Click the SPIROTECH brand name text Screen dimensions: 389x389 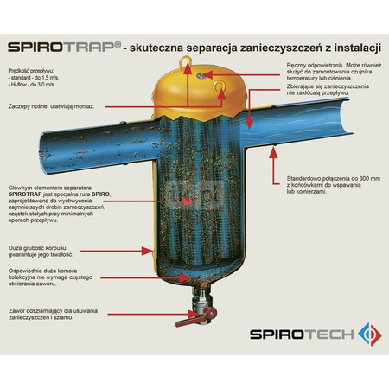[307, 333]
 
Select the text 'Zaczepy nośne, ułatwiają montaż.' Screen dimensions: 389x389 [50, 107]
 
